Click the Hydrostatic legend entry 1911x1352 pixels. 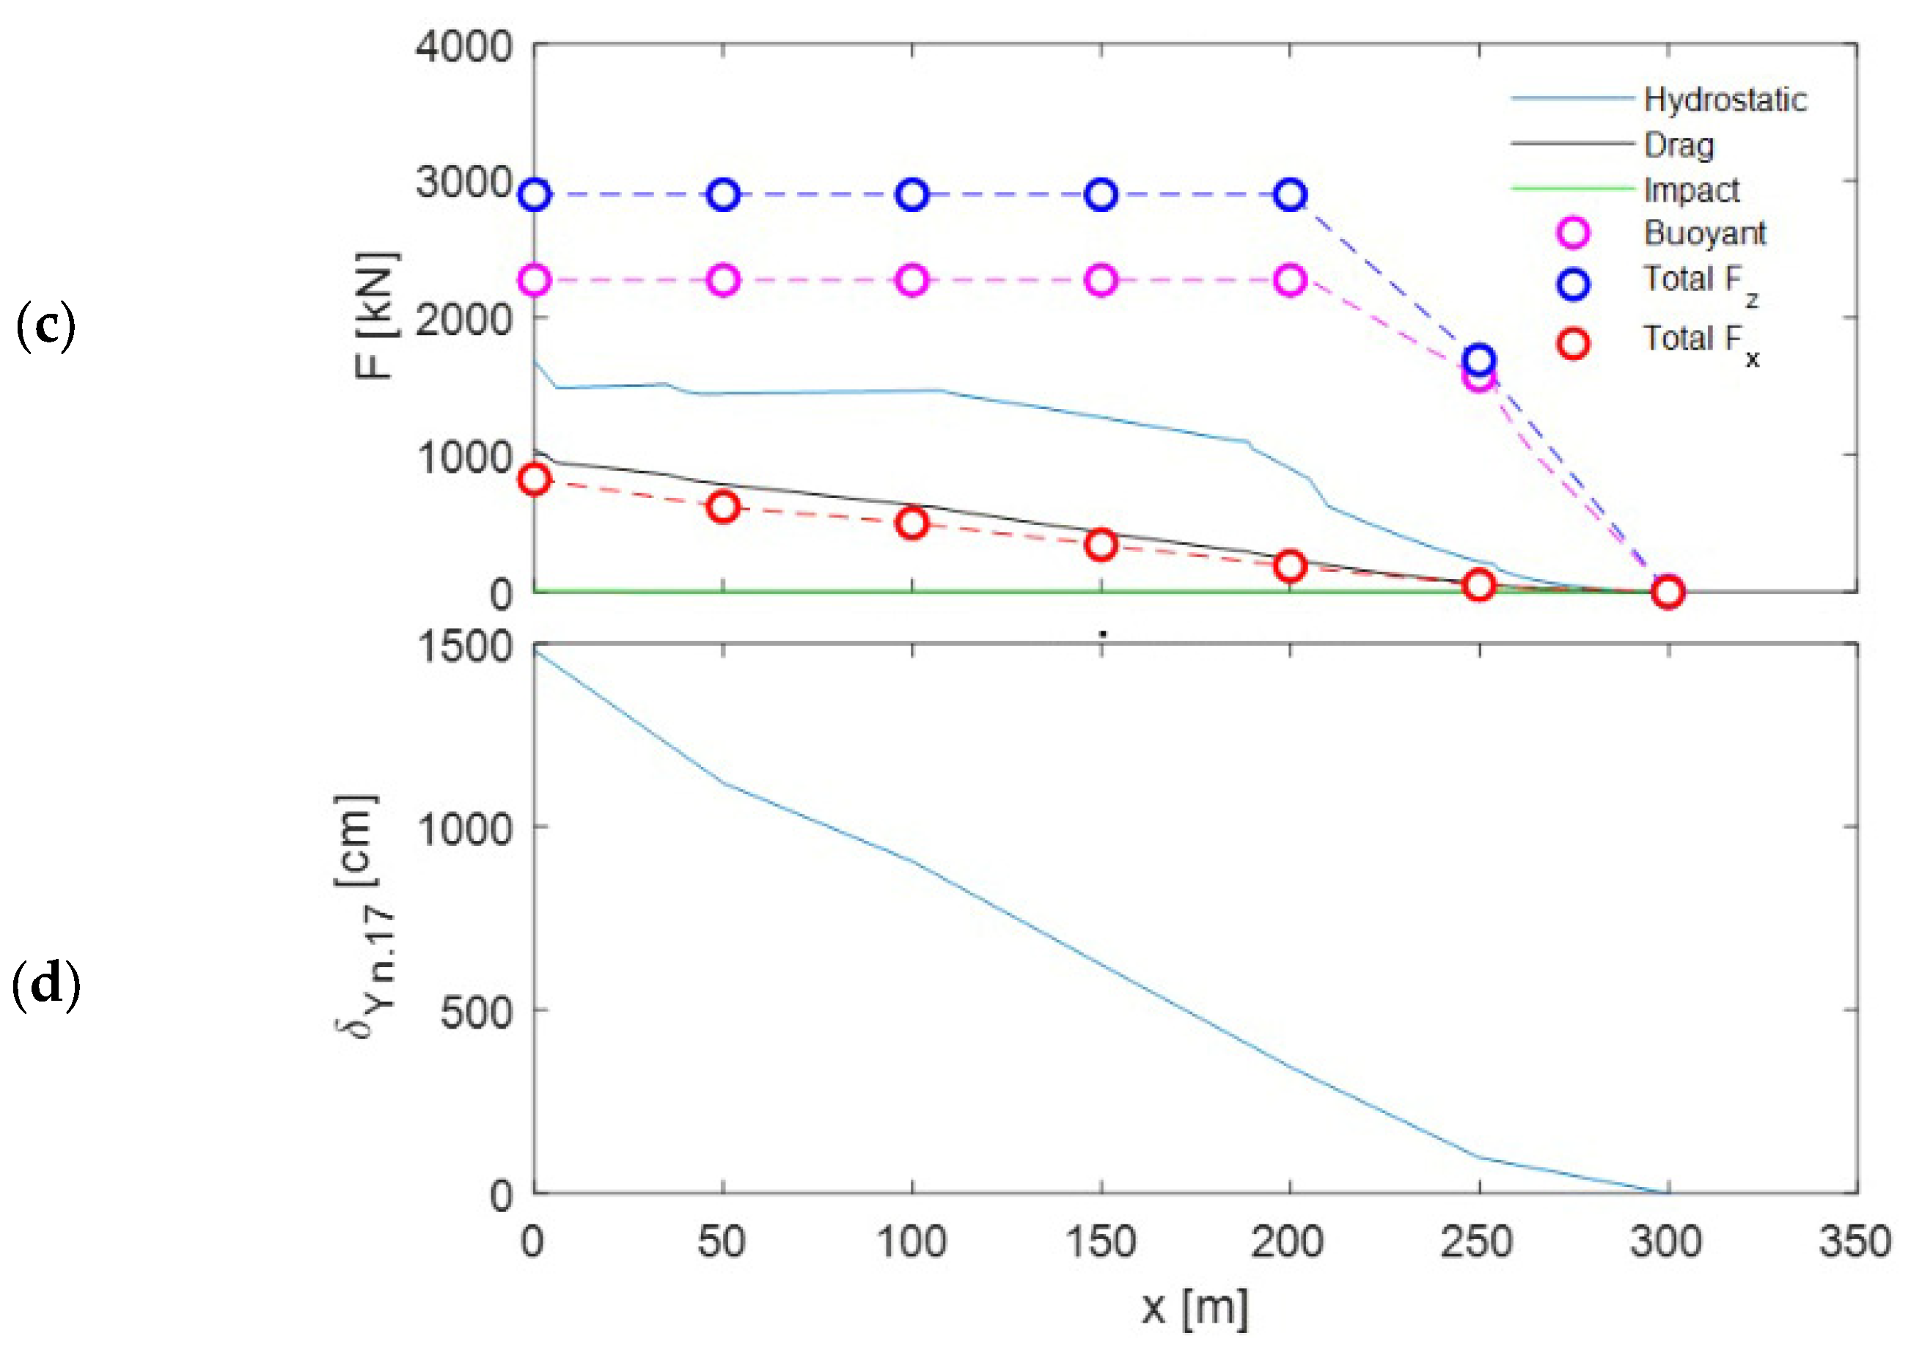1725,100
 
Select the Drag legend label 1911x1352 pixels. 1678,146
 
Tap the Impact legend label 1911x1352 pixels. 1691,191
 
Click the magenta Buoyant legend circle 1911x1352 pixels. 1573,232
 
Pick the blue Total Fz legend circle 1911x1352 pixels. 1573,284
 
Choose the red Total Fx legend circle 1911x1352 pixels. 1573,342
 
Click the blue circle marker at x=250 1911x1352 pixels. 1479,360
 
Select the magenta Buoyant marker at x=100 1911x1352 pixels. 913,281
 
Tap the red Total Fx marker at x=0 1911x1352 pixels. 535,480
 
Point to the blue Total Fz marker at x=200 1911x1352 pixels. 1291,195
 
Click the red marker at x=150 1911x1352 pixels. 1101,545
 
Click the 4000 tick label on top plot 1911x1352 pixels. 463,47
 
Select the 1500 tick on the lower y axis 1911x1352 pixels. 463,647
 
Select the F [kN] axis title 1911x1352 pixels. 376,315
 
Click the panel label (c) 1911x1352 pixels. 45,326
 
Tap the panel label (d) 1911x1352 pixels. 45,984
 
